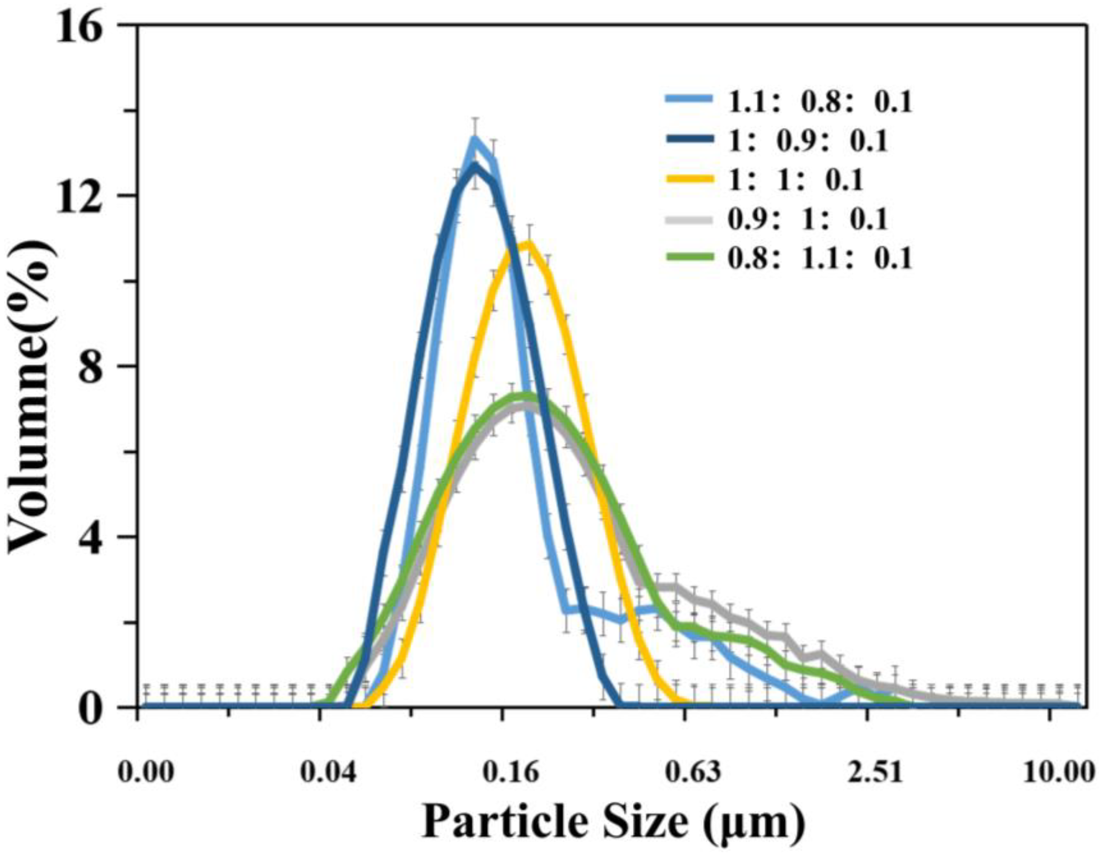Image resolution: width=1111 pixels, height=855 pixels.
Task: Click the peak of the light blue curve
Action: coord(475,138)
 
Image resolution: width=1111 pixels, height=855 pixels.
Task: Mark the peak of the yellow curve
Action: coord(529,243)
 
